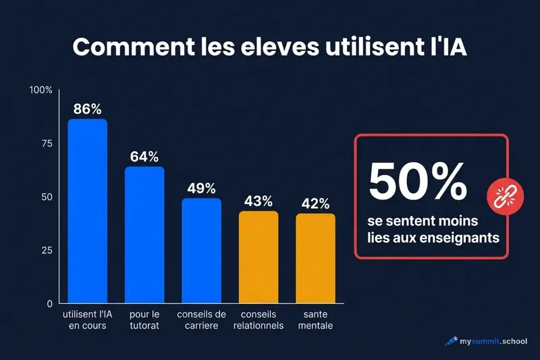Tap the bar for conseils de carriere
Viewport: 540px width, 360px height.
pos(201,251)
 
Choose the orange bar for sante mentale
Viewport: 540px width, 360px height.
pos(315,258)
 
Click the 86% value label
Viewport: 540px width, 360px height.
pos(88,109)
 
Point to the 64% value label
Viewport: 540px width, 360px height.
pos(144,157)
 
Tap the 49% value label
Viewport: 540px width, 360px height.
pos(201,188)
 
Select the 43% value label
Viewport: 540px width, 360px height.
pos(259,201)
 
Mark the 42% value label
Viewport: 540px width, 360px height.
pos(315,203)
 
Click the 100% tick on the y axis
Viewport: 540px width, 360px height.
pos(40,91)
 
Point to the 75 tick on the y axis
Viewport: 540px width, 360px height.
pos(45,143)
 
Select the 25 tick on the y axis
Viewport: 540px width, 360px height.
pos(45,251)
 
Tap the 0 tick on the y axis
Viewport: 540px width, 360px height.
pos(49,304)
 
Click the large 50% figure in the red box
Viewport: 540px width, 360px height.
pos(418,181)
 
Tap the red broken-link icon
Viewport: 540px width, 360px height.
pos(500,197)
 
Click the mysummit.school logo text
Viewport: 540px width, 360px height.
pos(493,341)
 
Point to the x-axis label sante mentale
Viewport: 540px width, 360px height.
pos(315,321)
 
